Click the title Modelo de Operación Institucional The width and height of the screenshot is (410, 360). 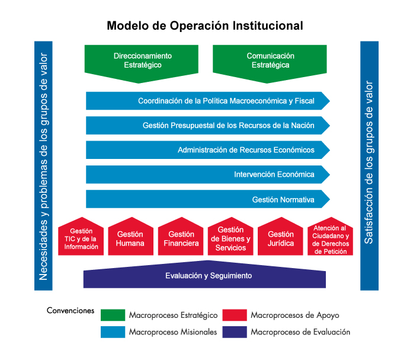[204, 26]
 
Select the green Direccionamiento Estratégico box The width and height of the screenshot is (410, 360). [142, 60]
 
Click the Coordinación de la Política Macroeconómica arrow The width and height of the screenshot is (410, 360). [207, 101]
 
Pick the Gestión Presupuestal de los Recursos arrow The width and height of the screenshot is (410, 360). [207, 126]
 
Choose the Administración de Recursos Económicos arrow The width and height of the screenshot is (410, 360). [207, 150]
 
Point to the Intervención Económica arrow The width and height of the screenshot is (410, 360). [207, 175]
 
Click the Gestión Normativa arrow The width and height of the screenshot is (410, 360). [207, 200]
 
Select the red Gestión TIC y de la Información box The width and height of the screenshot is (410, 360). [81, 238]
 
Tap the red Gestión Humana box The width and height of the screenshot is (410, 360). [130, 238]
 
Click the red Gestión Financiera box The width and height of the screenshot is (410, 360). [181, 238]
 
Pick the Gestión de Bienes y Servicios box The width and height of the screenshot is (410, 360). [230, 238]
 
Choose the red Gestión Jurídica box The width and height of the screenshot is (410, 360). [280, 238]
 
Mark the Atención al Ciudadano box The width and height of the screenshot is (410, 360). [330, 238]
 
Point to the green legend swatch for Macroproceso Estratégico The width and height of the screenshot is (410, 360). [113, 315]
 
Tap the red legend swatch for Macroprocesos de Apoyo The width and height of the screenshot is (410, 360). [235, 315]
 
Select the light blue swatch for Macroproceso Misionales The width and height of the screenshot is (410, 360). [113, 332]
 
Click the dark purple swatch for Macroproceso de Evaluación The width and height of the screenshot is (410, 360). [235, 332]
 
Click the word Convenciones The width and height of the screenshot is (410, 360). [71, 310]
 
